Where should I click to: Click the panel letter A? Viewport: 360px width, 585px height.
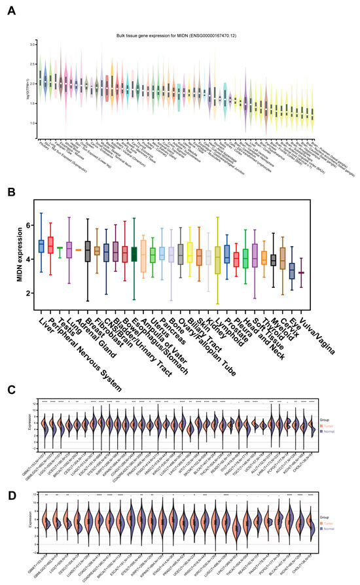click(10, 11)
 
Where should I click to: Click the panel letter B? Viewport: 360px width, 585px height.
click(10, 194)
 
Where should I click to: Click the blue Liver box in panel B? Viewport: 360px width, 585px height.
click(41, 245)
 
